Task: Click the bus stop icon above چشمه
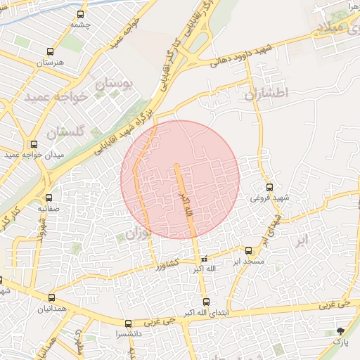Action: point(81,14)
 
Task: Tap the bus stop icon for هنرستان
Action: point(49,51)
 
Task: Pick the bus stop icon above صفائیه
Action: point(49,198)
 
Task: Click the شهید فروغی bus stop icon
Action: point(270,187)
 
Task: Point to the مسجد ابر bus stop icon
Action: point(248,250)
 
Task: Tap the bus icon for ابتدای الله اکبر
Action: point(206,302)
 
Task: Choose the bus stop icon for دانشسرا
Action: point(127,324)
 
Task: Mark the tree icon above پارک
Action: point(341,330)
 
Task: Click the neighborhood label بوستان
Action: point(113,86)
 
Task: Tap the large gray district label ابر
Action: point(301,241)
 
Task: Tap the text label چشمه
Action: point(81,25)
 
